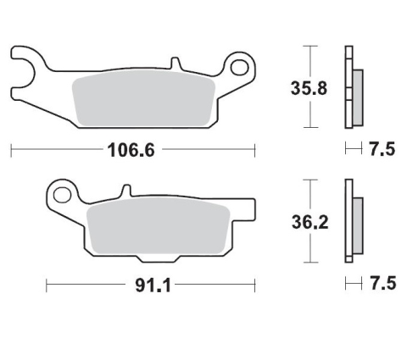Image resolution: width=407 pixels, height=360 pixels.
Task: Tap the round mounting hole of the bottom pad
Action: [x=61, y=196]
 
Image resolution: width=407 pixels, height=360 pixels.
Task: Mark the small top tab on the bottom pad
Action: [x=125, y=191]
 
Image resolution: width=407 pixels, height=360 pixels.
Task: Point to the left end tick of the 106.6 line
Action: [x=10, y=151]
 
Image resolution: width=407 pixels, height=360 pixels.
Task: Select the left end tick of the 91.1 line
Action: [x=47, y=285]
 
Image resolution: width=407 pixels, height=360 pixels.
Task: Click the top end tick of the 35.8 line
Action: [x=314, y=46]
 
